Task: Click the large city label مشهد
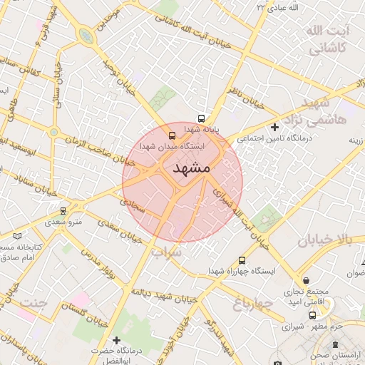click(191, 168)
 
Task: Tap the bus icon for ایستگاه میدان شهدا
click(172, 135)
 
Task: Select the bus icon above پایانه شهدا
click(202, 119)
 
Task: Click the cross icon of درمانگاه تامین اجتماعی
click(275, 127)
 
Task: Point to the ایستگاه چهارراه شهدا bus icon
click(242, 261)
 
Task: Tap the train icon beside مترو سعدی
click(64, 211)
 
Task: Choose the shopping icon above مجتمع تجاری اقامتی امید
click(306, 280)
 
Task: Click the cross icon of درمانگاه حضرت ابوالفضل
click(116, 340)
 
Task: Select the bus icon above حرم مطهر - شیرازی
click(312, 315)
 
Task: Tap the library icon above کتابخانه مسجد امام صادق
click(18, 235)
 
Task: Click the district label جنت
click(33, 302)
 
